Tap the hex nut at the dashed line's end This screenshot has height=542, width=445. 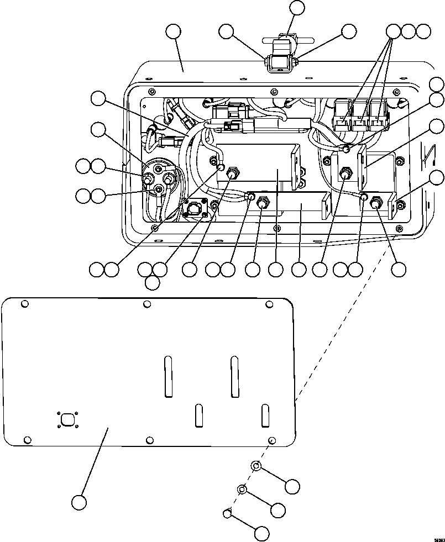[227, 514]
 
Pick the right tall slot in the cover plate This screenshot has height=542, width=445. [234, 377]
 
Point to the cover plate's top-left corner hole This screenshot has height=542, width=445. [24, 303]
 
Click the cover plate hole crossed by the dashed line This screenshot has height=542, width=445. [271, 439]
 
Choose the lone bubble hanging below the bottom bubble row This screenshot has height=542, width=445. [152, 283]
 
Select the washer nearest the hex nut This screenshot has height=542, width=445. [242, 489]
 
